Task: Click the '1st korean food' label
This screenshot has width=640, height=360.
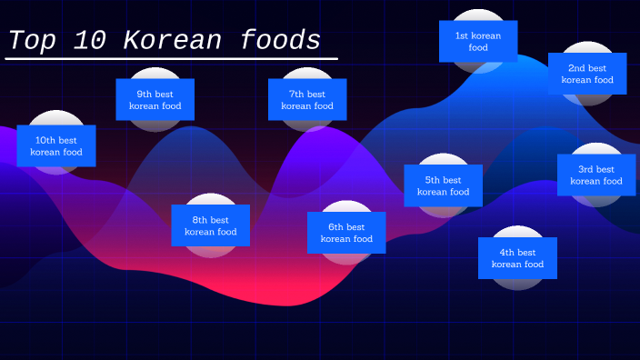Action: [478, 41]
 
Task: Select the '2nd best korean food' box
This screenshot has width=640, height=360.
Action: [587, 74]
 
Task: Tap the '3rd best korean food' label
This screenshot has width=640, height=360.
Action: [596, 175]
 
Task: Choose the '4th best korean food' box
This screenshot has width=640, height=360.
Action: [517, 258]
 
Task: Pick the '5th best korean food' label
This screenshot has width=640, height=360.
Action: [443, 185]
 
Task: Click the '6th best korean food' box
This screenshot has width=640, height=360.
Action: [345, 233]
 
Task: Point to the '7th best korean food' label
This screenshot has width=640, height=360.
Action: [307, 99]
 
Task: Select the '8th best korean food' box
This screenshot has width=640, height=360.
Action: [210, 225]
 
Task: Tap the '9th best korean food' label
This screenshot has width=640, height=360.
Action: [155, 99]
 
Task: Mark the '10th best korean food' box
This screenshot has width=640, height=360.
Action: [56, 145]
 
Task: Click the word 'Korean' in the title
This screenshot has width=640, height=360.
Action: [171, 41]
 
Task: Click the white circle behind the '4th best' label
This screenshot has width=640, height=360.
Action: [517, 284]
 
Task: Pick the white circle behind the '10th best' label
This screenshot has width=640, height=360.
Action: [56, 118]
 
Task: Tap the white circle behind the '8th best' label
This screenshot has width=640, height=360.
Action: [210, 199]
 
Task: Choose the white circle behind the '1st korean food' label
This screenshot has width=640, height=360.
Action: [478, 15]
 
